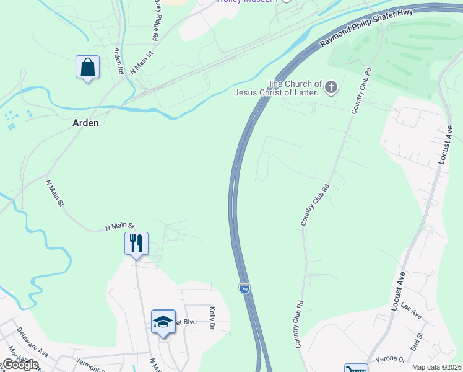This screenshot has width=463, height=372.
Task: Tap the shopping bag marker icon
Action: coord(88,67)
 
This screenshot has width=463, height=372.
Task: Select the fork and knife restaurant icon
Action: coord(136,242)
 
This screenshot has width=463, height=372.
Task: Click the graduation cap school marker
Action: coord(163,321)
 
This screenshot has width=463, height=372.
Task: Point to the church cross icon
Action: coord(332,87)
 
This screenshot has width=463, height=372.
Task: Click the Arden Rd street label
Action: coord(118,60)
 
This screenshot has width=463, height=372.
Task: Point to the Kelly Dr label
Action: coord(212,317)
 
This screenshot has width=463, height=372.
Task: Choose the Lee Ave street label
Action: coord(411,309)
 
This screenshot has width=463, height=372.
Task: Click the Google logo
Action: coord(20,365)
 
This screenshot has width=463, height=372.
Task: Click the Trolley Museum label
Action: coord(245,1)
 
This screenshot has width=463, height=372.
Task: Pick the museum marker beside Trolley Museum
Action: coord(285,1)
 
